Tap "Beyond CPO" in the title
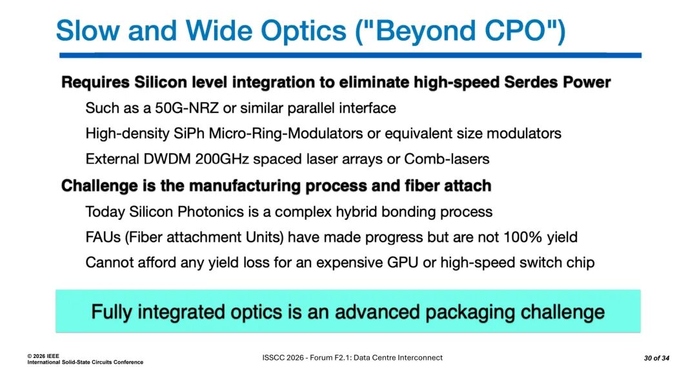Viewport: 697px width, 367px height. point(460,31)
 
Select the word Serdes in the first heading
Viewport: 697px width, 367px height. point(531,82)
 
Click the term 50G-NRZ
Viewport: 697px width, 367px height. point(187,108)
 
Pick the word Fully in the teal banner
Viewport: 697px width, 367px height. point(112,312)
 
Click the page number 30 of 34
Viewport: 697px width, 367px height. point(656,358)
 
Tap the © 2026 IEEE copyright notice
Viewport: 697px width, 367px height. point(43,356)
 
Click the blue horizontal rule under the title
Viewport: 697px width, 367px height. point(350,55)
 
